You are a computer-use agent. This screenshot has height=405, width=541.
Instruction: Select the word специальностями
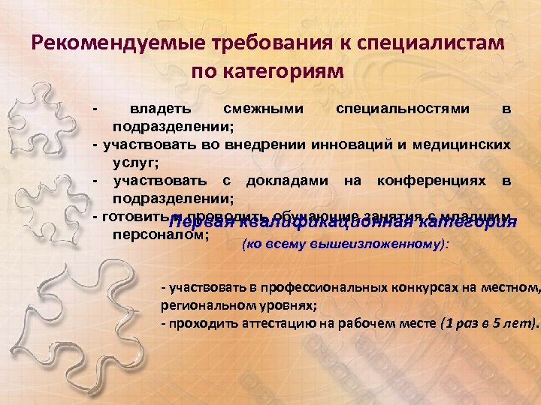coord(403,109)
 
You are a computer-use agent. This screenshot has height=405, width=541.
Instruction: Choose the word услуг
coord(132,160)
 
